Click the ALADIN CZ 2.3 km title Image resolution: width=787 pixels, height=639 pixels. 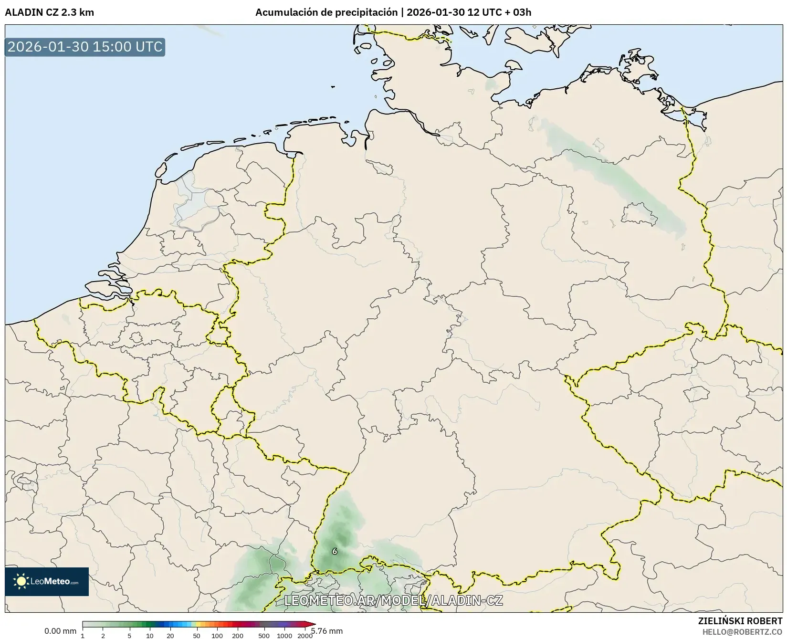[49, 12]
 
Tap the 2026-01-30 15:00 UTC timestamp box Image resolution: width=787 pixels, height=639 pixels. [85, 47]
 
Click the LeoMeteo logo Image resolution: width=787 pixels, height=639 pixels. [47, 581]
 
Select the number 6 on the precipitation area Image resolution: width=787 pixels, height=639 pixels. [335, 551]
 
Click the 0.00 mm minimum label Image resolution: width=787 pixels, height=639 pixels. [60, 631]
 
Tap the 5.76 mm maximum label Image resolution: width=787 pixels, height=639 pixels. [327, 631]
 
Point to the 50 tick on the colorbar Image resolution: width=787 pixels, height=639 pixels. [197, 635]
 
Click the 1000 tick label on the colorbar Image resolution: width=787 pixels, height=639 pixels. [284, 635]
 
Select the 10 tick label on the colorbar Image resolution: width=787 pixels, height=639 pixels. [150, 635]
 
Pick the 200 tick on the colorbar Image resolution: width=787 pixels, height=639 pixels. [238, 635]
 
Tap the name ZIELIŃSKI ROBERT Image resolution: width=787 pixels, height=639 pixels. [740, 621]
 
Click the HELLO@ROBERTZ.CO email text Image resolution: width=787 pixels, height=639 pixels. [743, 632]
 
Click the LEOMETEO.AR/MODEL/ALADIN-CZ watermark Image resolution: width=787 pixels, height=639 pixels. [393, 600]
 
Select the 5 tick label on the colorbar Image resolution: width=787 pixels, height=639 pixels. [129, 635]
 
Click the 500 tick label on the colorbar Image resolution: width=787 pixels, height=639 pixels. [264, 635]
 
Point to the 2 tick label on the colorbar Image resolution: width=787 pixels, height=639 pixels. [103, 635]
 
